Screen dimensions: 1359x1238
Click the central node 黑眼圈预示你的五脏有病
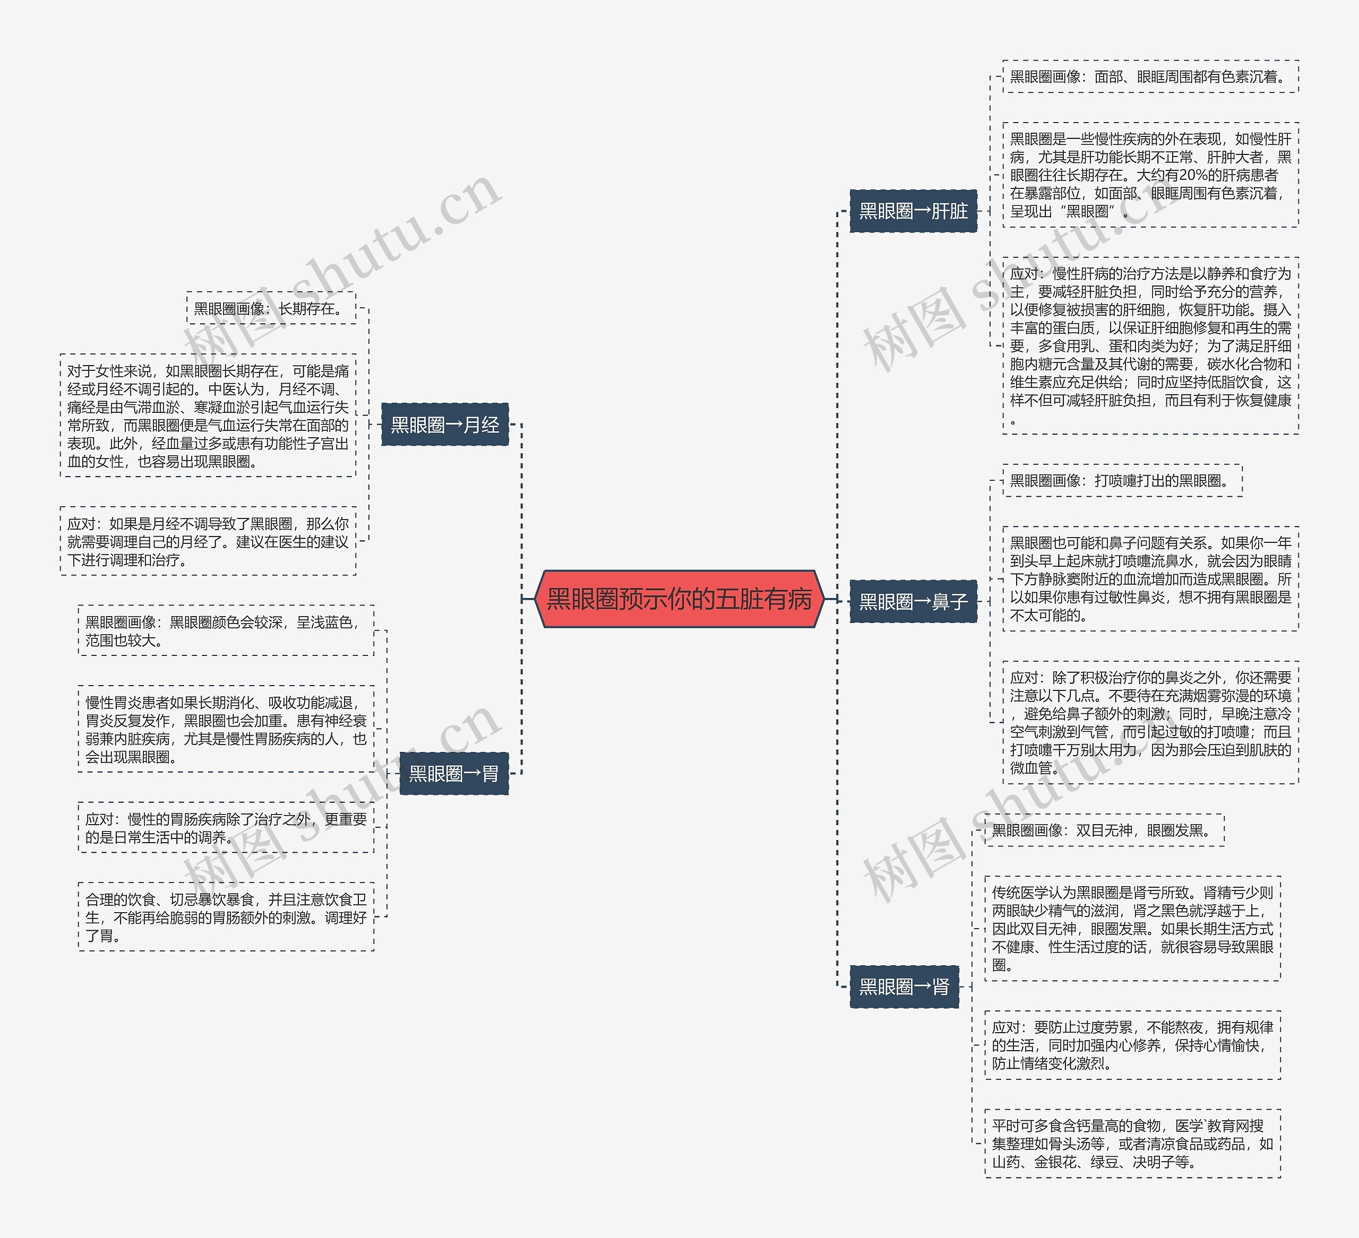click(x=679, y=599)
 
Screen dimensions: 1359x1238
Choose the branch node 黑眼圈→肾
click(x=904, y=986)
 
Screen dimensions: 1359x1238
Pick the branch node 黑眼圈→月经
click(x=445, y=425)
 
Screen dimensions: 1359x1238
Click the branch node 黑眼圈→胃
click(x=454, y=773)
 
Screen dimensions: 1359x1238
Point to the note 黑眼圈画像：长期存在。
click(x=271, y=308)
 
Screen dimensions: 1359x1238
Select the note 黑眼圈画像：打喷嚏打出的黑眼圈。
click(x=1122, y=481)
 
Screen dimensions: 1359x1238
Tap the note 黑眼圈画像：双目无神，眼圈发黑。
click(x=1104, y=830)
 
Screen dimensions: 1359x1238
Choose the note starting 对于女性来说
click(x=208, y=415)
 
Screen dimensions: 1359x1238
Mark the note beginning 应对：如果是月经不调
click(x=208, y=541)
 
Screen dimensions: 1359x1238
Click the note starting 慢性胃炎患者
click(x=226, y=729)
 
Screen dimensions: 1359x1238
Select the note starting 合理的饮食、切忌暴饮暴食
click(x=226, y=916)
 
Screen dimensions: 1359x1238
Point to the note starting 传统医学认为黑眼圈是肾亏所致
click(x=1132, y=929)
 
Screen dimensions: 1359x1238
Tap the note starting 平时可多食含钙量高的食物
click(x=1132, y=1143)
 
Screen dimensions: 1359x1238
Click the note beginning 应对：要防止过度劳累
click(x=1132, y=1045)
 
